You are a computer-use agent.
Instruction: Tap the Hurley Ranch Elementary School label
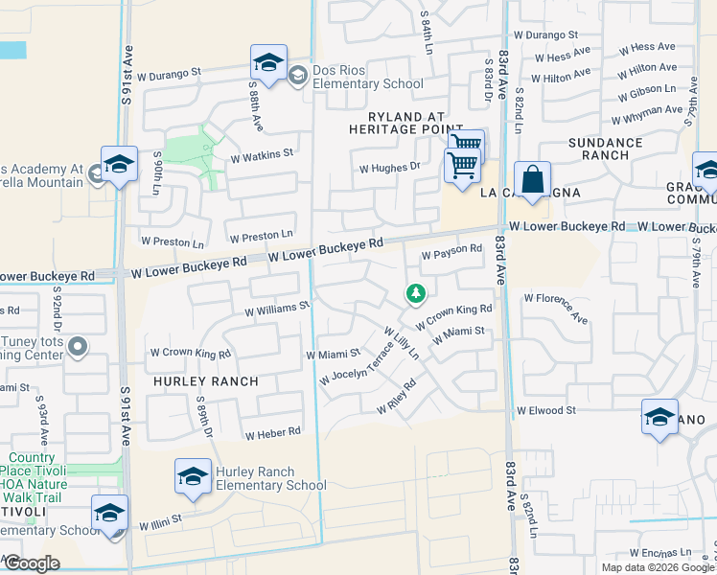pyautogui.click(x=271, y=478)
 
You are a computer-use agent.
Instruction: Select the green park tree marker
pyautogui.click(x=415, y=293)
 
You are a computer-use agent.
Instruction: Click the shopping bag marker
pyautogui.click(x=532, y=179)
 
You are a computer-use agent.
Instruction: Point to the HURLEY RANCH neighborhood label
pyautogui.click(x=205, y=381)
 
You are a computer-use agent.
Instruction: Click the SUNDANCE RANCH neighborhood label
pyautogui.click(x=606, y=149)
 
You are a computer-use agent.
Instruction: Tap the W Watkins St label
pyautogui.click(x=261, y=152)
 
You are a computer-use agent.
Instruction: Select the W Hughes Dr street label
pyautogui.click(x=390, y=167)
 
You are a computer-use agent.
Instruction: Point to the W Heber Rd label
pyautogui.click(x=273, y=434)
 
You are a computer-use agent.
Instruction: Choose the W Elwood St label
pyautogui.click(x=545, y=410)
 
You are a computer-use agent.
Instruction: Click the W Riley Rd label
pyautogui.click(x=396, y=396)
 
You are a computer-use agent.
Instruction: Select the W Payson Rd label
pyautogui.click(x=451, y=250)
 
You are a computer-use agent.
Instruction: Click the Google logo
pyautogui.click(x=33, y=563)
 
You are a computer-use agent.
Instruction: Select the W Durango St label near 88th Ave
pyautogui.click(x=170, y=72)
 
